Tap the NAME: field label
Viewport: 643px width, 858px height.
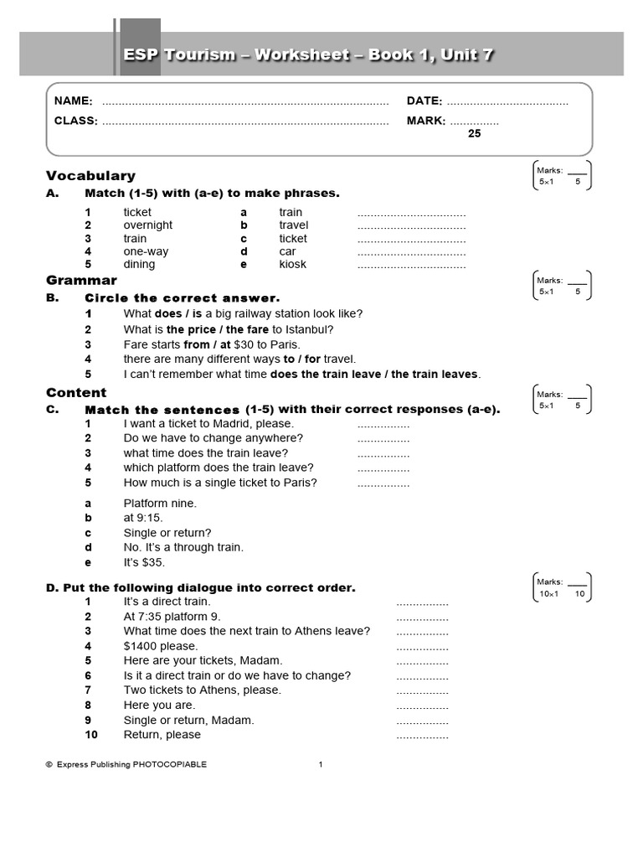pyautogui.click(x=74, y=101)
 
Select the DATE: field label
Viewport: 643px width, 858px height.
pyautogui.click(x=424, y=101)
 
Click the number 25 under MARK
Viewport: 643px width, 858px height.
pyautogui.click(x=474, y=133)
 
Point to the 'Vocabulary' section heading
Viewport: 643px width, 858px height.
pyautogui.click(x=90, y=176)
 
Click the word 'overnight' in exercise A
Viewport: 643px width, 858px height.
pyautogui.click(x=148, y=225)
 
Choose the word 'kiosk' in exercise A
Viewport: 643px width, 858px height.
pyautogui.click(x=293, y=265)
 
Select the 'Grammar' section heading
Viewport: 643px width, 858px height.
pyautogui.click(x=81, y=281)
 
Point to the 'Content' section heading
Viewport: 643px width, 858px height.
pyautogui.click(x=76, y=393)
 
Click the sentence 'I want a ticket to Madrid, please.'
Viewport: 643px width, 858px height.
pyautogui.click(x=208, y=424)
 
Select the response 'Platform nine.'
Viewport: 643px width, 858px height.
pyautogui.click(x=160, y=504)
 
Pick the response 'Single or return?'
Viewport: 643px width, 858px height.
pyautogui.click(x=167, y=533)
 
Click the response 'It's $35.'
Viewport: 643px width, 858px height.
pyautogui.click(x=145, y=562)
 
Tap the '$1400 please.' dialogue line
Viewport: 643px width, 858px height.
pyautogui.click(x=161, y=646)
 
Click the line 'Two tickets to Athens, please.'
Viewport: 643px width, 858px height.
pyautogui.click(x=203, y=690)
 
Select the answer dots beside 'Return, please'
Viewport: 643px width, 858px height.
pyautogui.click(x=422, y=736)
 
